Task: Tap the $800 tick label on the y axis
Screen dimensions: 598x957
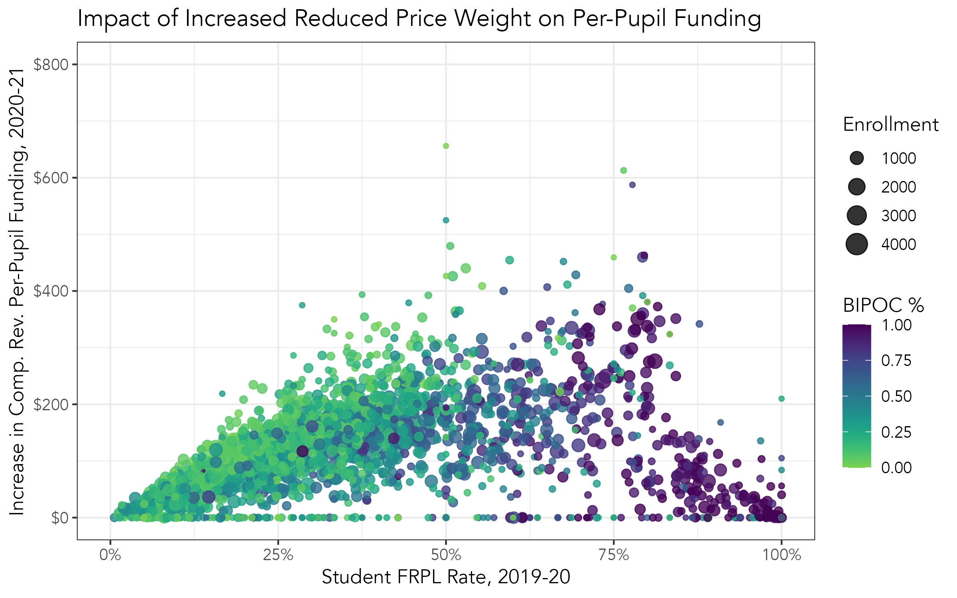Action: point(51,64)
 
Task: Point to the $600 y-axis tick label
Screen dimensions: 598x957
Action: point(51,178)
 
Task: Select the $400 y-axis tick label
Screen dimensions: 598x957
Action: point(51,291)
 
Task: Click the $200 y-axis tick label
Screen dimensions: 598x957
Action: point(51,404)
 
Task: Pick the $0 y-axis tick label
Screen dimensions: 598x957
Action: point(60,517)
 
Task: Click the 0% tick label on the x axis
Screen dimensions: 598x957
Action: point(110,555)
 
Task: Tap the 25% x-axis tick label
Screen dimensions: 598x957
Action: point(278,555)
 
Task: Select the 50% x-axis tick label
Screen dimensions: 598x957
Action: point(446,555)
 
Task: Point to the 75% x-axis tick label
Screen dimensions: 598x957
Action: point(614,555)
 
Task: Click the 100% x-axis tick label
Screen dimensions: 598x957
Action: point(782,555)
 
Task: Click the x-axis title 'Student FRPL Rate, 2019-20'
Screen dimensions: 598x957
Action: point(446,577)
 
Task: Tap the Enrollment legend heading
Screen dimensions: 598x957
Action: point(890,125)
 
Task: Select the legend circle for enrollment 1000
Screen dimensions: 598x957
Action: point(857,158)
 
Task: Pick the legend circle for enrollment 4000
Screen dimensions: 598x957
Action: point(857,244)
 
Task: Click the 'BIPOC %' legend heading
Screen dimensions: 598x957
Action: point(883,305)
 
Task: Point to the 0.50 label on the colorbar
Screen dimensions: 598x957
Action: point(896,396)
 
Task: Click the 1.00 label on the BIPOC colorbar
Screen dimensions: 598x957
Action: point(896,325)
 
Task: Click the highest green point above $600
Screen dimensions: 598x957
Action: point(446,146)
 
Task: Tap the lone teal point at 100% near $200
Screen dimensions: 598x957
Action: point(782,399)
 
